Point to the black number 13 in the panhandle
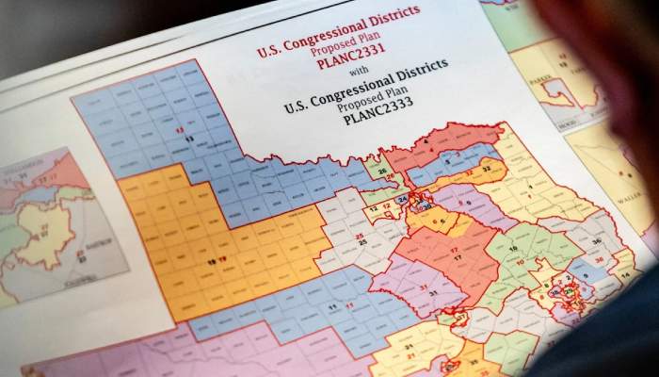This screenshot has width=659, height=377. click(x=189, y=139)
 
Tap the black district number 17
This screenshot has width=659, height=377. click(x=456, y=256)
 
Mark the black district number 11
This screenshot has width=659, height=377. click(x=331, y=307)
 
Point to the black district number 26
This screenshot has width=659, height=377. click(x=378, y=172)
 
